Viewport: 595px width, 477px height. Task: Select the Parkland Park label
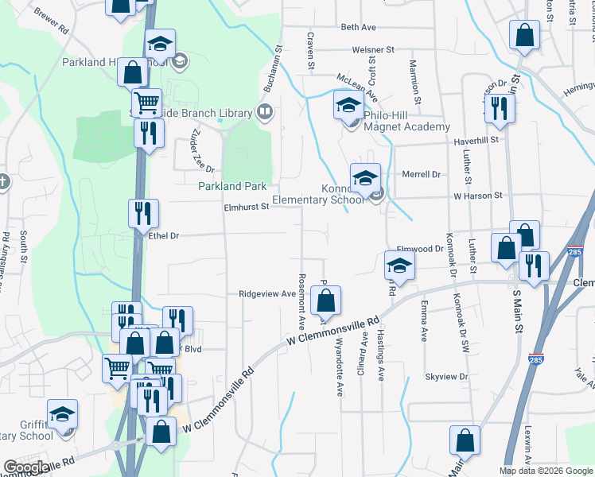click(231, 186)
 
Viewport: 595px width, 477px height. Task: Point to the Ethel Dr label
click(165, 236)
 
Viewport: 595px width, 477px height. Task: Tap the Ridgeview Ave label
click(267, 293)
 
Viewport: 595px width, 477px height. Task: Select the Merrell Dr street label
click(422, 174)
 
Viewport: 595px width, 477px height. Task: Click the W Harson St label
click(478, 195)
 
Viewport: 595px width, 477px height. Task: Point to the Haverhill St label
click(475, 139)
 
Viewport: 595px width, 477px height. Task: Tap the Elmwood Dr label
click(418, 249)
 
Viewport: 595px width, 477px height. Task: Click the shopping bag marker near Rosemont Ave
click(325, 301)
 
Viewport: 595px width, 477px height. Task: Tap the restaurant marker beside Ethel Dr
click(144, 213)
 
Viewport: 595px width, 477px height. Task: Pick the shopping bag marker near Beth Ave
click(524, 36)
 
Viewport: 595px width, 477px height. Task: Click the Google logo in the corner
click(25, 467)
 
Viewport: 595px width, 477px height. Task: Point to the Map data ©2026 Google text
click(545, 471)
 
